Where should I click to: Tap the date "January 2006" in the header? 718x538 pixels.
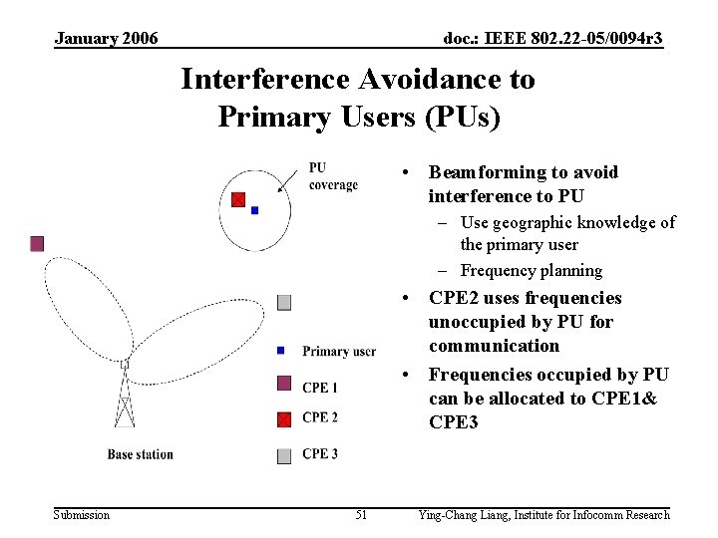106,39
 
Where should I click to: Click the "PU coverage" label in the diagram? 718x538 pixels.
332,176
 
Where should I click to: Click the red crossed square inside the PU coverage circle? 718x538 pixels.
238,199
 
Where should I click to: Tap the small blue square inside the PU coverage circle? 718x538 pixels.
255,210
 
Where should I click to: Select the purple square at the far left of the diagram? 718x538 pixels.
37,243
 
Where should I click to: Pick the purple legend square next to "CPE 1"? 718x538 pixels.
284,384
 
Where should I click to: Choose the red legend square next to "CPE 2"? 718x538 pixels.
284,418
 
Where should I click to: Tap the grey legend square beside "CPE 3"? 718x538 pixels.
284,455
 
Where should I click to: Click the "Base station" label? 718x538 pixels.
141,454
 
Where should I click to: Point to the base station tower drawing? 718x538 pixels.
125,399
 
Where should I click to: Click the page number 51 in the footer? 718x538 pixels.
361,515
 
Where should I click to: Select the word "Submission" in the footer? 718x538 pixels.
82,515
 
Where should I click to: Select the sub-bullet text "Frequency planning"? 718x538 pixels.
532,270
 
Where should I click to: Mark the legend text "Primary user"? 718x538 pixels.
339,351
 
